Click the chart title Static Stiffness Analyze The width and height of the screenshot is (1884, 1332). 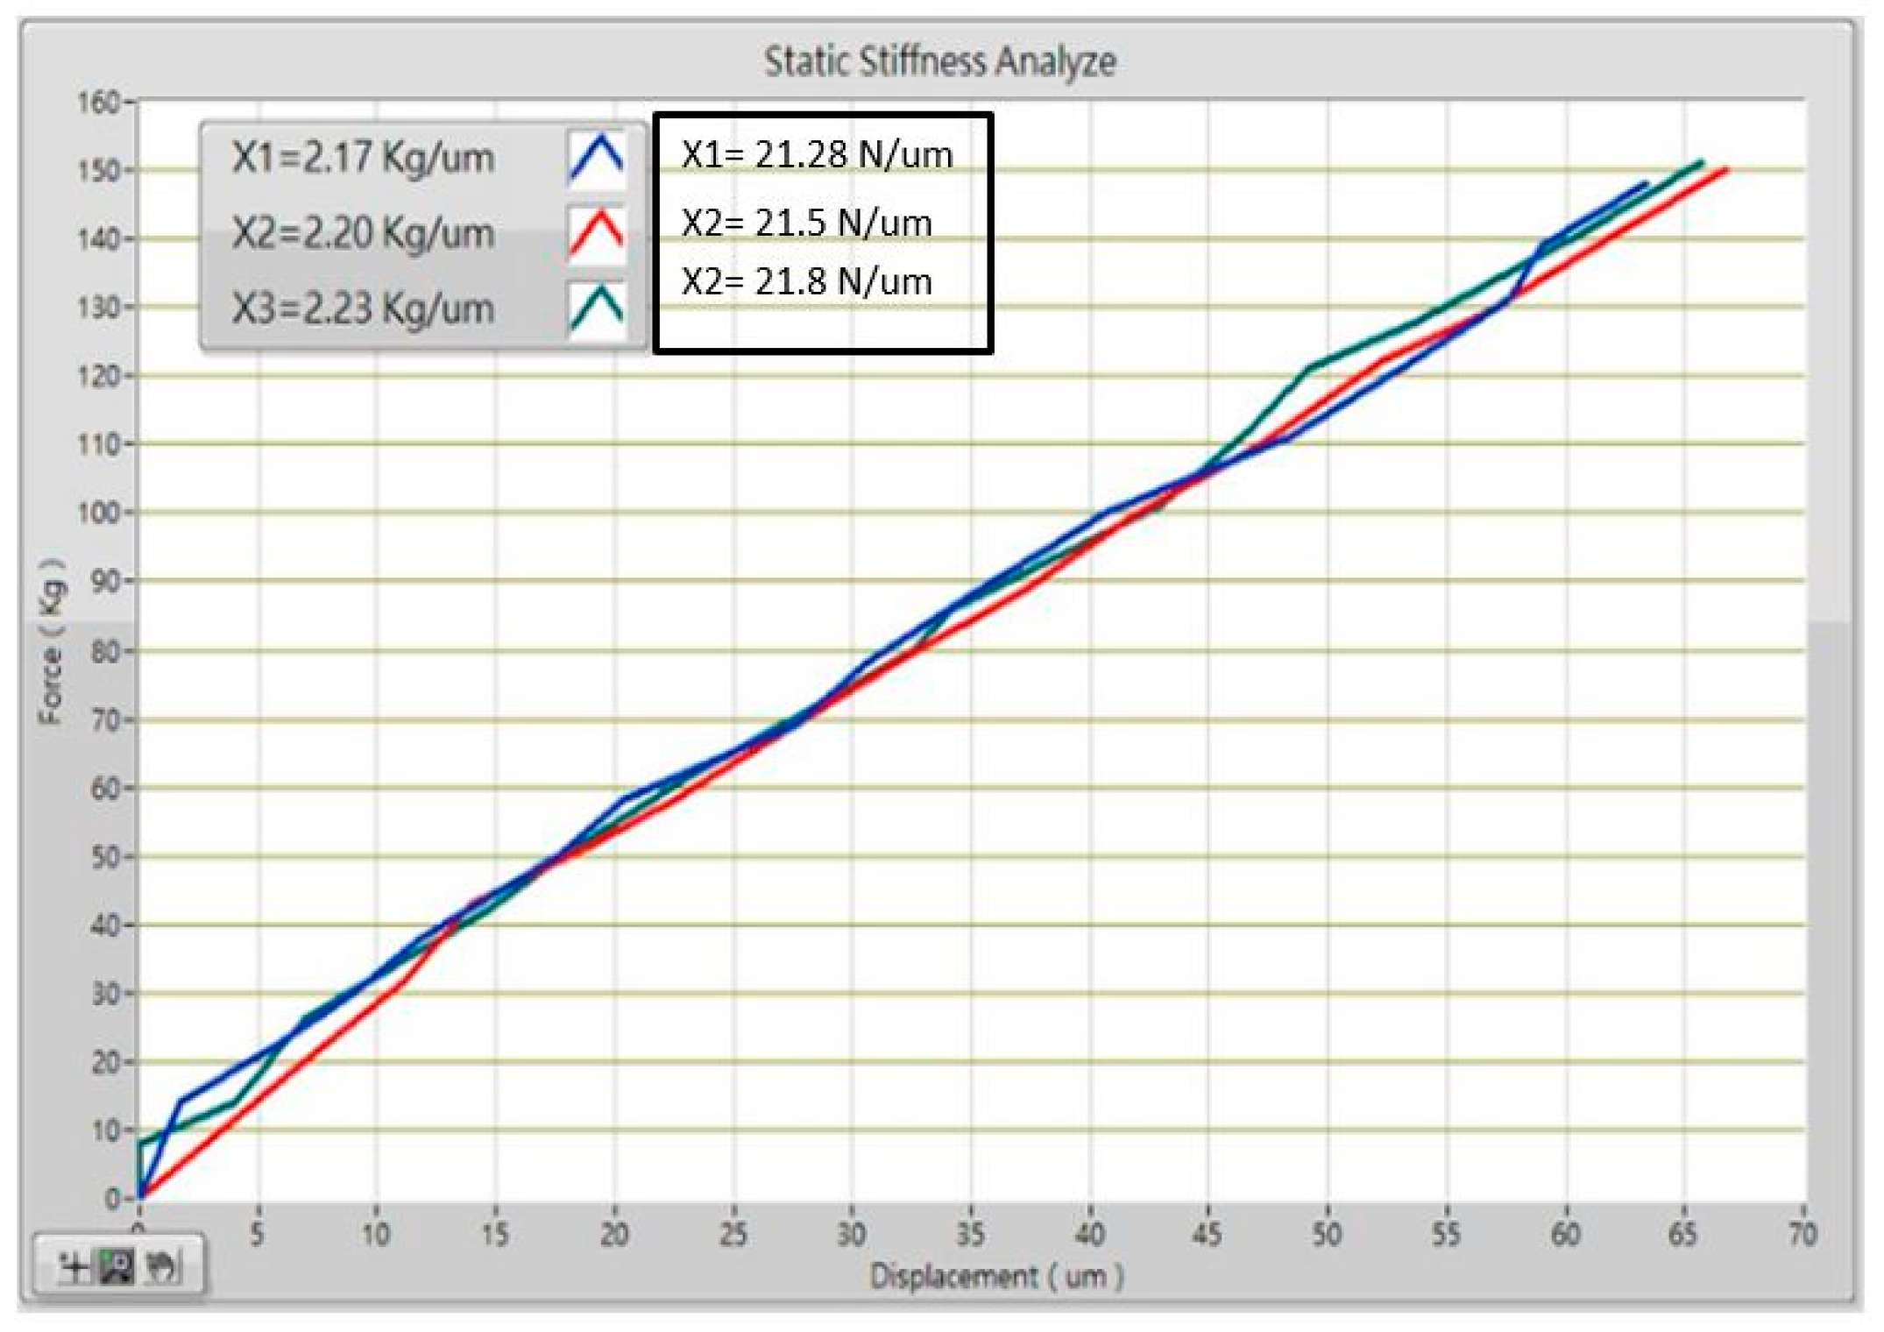939,61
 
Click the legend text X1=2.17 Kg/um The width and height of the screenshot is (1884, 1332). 363,159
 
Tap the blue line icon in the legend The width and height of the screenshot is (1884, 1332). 597,159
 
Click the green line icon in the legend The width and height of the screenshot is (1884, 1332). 597,308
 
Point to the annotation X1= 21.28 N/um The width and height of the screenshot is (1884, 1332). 817,155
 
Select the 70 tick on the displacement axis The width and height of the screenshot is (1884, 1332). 1802,1234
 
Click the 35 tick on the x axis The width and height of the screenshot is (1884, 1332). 970,1234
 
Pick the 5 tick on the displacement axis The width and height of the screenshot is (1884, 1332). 257,1234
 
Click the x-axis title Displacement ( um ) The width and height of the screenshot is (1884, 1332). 995,1276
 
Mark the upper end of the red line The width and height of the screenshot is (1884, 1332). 1725,169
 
